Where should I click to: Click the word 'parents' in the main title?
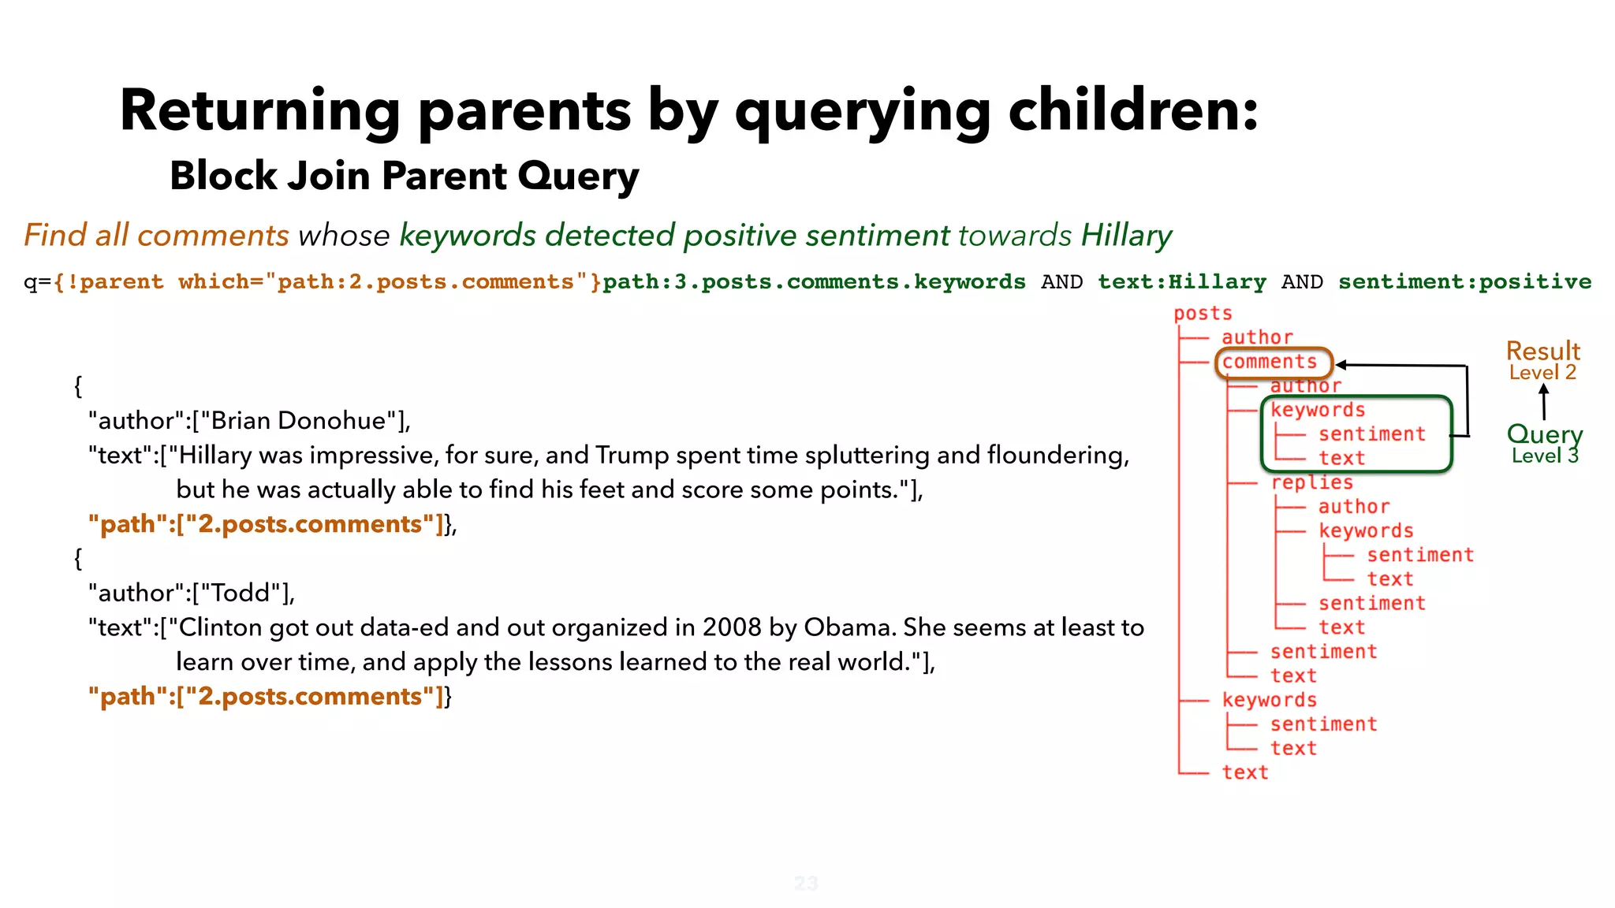point(524,110)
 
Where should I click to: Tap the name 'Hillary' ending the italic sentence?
point(1126,236)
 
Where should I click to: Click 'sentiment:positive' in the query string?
point(1464,281)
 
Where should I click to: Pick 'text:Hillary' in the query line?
point(1181,281)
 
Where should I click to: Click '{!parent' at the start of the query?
point(110,281)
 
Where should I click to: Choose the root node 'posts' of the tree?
point(1202,313)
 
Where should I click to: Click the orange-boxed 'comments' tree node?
point(1270,362)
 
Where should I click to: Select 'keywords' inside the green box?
point(1317,410)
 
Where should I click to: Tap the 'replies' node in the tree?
point(1311,482)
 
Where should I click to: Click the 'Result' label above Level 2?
point(1542,351)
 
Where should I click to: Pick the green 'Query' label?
point(1544,434)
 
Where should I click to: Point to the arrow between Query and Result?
point(1543,402)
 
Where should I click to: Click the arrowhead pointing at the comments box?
point(1341,365)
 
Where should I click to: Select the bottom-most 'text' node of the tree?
point(1244,772)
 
